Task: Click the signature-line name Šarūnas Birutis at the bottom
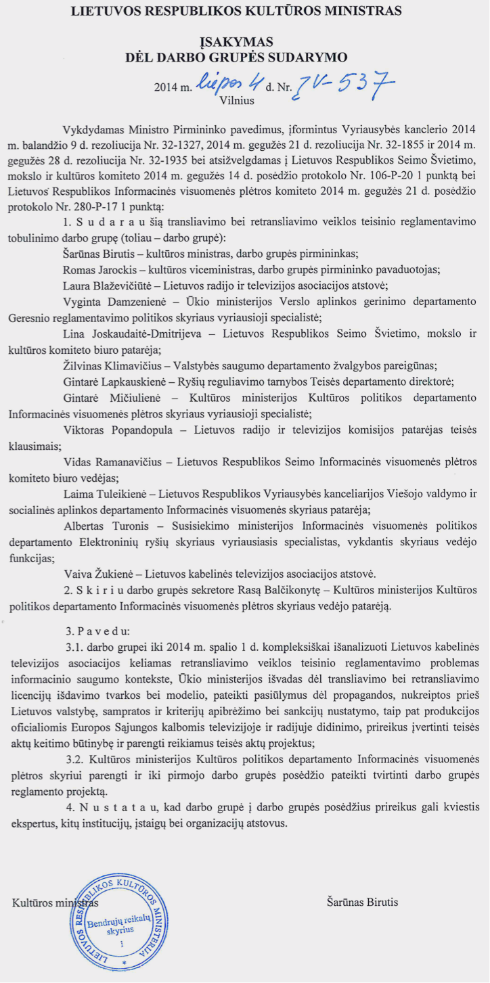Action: click(362, 902)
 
